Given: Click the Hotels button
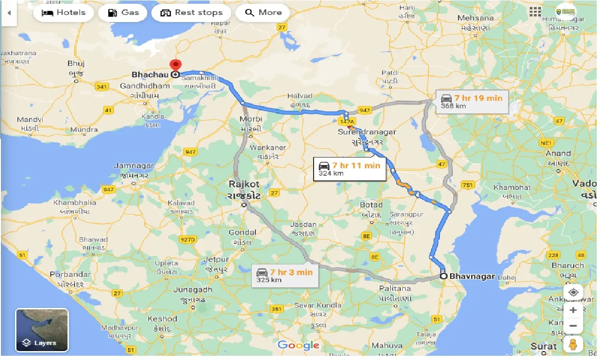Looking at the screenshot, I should pyautogui.click(x=63, y=13).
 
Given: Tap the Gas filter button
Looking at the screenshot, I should pyautogui.click(x=123, y=13).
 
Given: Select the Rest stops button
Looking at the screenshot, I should pyautogui.click(x=191, y=13).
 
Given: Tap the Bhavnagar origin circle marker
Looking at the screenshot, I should pyautogui.click(x=443, y=276).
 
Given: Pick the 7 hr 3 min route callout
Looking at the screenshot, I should pyautogui.click(x=285, y=276).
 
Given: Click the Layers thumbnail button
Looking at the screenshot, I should pyautogui.click(x=42, y=330).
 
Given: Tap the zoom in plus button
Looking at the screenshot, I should pyautogui.click(x=573, y=310).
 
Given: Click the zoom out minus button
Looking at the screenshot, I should pyautogui.click(x=573, y=326).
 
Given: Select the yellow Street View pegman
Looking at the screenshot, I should pyautogui.click(x=573, y=345).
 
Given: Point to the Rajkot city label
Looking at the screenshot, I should pyautogui.click(x=244, y=184).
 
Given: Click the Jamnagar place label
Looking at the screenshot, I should pyautogui.click(x=134, y=165).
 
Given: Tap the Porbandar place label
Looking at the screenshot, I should pyautogui.click(x=69, y=274).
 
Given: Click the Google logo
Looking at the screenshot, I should pyautogui.click(x=299, y=345).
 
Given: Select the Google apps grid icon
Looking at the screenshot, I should pyautogui.click(x=534, y=12).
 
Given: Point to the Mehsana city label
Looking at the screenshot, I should pyautogui.click(x=475, y=18).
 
